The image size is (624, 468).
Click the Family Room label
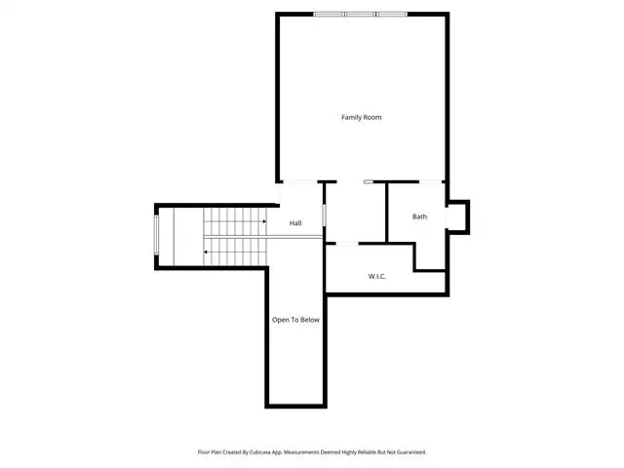(x=362, y=117)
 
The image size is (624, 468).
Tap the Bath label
(x=419, y=216)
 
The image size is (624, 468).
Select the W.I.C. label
(x=377, y=276)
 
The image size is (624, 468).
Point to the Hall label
(x=295, y=223)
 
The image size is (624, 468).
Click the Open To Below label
(x=295, y=320)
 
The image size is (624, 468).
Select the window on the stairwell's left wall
(x=156, y=235)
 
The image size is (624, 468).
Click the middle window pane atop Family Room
(x=360, y=15)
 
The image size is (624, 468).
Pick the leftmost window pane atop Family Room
(x=330, y=15)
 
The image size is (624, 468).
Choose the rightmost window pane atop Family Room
(x=392, y=15)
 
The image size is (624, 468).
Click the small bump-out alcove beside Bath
(x=457, y=216)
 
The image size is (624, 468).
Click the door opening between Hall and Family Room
(x=299, y=182)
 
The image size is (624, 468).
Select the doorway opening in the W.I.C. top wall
(x=347, y=243)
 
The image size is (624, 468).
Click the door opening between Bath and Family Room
(x=431, y=182)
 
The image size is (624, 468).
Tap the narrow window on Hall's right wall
(x=324, y=214)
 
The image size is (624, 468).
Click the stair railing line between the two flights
(x=262, y=237)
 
